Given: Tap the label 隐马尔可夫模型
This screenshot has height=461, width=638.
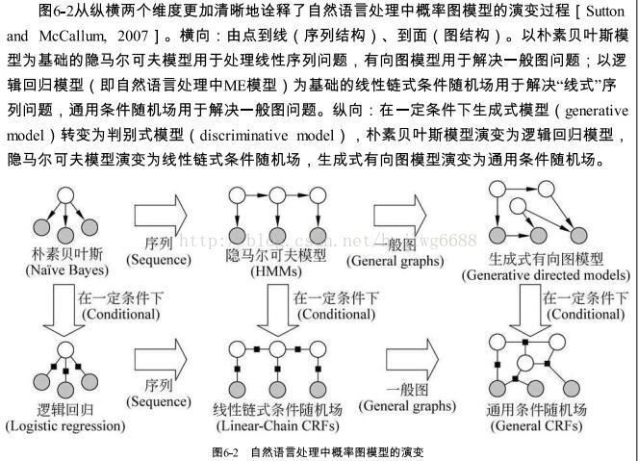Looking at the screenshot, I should pyautogui.click(x=263, y=256).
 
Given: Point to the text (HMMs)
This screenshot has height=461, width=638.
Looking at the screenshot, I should pyautogui.click(x=263, y=272).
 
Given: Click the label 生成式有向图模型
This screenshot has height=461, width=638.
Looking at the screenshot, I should pyautogui.click(x=546, y=259).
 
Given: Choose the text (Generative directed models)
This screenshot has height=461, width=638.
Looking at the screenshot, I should pyautogui.click(x=546, y=275).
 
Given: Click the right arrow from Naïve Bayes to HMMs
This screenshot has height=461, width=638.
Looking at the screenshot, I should pyautogui.click(x=160, y=214).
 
